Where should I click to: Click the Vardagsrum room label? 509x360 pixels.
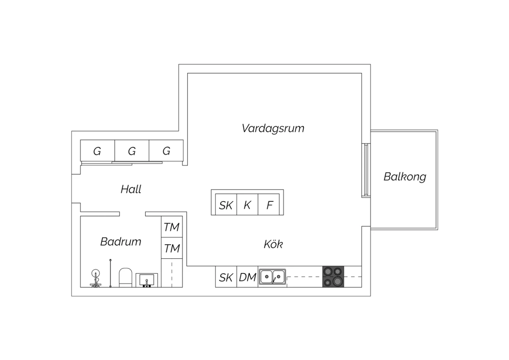tap(273, 128)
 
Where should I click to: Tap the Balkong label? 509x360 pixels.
tap(404, 177)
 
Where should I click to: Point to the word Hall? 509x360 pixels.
tap(131, 189)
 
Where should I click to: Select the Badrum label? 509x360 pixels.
tap(121, 241)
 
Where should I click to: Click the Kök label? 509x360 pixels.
tap(273, 244)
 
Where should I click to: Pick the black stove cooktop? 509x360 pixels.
tap(333, 277)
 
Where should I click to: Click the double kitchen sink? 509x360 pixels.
tap(272, 277)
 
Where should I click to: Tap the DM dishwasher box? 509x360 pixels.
tap(247, 277)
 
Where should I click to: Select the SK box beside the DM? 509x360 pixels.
tap(226, 277)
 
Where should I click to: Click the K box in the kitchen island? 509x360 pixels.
tap(247, 205)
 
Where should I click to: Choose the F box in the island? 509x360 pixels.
tap(269, 205)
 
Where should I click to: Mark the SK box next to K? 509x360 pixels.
tap(226, 205)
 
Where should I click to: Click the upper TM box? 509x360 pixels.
tap(172, 227)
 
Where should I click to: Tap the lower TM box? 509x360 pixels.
tap(172, 248)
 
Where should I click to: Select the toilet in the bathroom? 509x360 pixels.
tap(126, 277)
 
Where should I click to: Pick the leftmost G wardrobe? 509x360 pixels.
tap(97, 151)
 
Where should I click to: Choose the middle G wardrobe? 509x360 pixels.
tap(132, 151)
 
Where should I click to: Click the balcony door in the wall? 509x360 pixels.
tap(366, 170)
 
